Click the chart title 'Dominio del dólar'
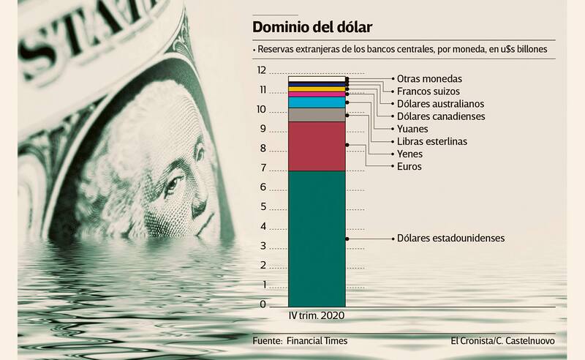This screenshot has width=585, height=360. [312, 28]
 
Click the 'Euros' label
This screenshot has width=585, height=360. [409, 168]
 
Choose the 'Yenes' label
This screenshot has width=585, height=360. [409, 154]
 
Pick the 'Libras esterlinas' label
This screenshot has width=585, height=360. [431, 141]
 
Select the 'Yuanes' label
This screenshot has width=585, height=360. [412, 129]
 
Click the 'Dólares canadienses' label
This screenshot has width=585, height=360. [440, 116]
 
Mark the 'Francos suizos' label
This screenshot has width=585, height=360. [429, 91]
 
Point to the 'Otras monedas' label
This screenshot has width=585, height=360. [429, 78]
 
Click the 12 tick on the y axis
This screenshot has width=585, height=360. [261, 71]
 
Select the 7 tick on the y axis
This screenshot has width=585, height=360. [263, 168]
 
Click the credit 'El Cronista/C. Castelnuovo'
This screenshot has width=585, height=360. [503, 341]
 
